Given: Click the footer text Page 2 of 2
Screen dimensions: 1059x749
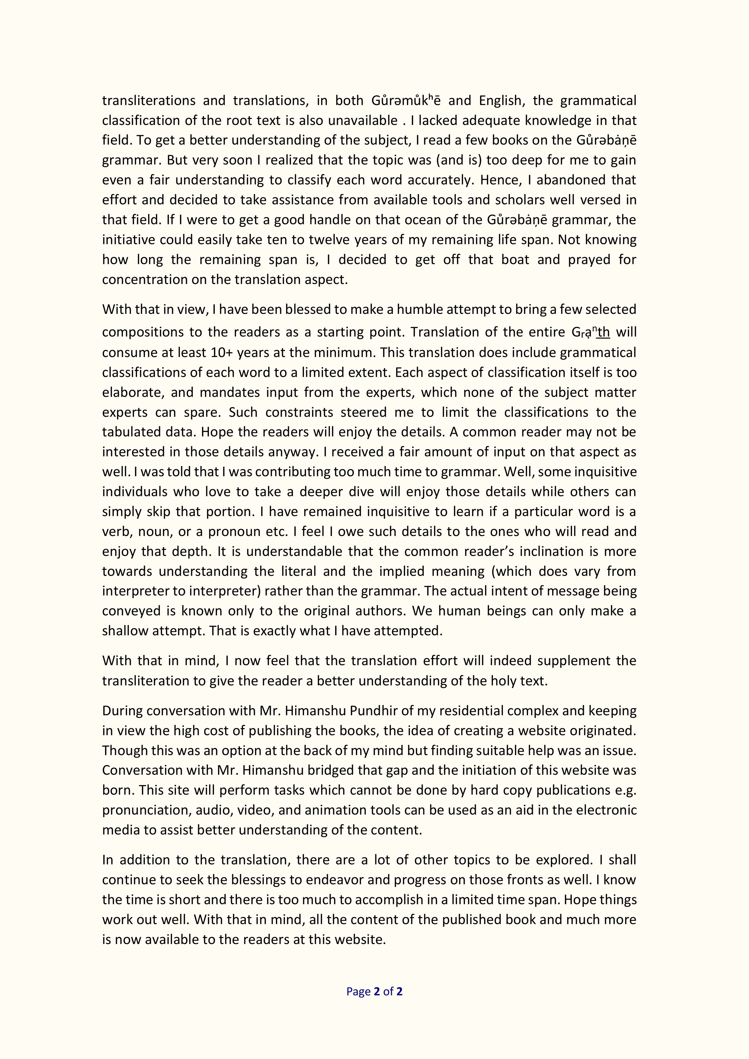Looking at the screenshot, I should point(374,991).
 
